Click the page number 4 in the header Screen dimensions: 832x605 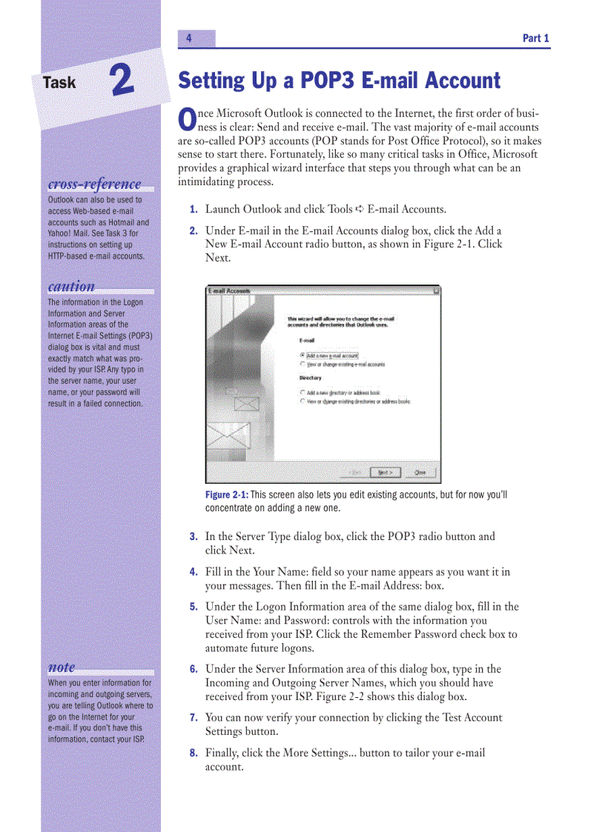189,39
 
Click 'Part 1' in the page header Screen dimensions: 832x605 535,39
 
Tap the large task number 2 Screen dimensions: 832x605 122,81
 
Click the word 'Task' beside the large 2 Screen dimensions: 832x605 59,83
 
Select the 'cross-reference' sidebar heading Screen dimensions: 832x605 94,184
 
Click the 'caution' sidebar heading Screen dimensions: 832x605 71,287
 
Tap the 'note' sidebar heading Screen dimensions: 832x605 62,667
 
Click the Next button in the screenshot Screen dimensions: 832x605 385,472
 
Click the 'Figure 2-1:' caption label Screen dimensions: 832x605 227,495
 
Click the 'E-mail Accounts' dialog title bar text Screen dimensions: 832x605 230,291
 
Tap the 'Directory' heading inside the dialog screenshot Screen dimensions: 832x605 311,378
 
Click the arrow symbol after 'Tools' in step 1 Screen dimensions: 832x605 360,210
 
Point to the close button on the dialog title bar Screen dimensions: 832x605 435,291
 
